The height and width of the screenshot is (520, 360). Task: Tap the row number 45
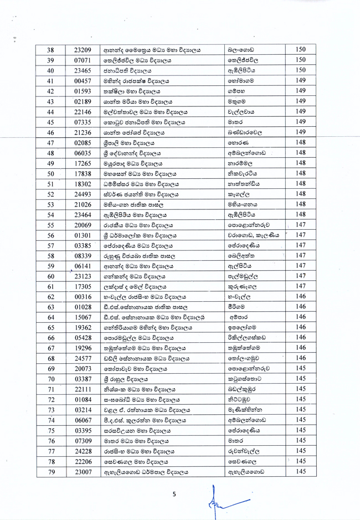(x=50, y=122)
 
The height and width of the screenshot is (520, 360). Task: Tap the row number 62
(x=50, y=297)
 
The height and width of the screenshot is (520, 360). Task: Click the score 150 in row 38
(x=301, y=49)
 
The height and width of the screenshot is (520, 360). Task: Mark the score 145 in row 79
(x=301, y=471)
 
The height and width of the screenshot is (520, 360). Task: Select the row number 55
(x=50, y=225)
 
